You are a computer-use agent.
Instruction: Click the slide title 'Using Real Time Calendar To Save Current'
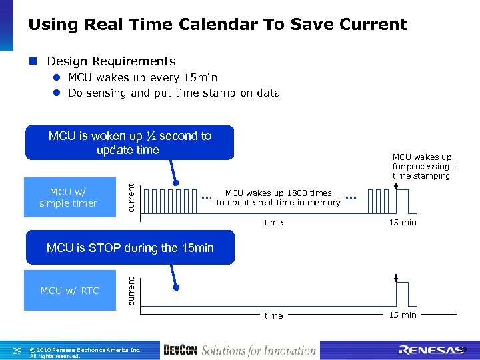217,25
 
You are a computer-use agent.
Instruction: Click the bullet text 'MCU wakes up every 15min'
142,77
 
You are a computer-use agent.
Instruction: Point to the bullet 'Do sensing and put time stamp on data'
173,93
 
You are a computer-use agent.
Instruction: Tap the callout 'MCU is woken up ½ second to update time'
130,143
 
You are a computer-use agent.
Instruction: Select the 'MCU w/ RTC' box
69,291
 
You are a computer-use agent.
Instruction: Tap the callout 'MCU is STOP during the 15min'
130,248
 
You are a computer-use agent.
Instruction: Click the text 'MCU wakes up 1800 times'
278,193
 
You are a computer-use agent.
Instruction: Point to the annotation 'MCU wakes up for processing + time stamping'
425,167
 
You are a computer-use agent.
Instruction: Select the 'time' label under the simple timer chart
273,223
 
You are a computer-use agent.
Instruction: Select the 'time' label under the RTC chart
273,315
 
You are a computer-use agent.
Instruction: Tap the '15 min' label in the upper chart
403,223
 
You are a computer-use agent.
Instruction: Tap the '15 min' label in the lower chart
403,315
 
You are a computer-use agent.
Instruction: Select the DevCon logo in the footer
179,350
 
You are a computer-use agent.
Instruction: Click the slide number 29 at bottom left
17,351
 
